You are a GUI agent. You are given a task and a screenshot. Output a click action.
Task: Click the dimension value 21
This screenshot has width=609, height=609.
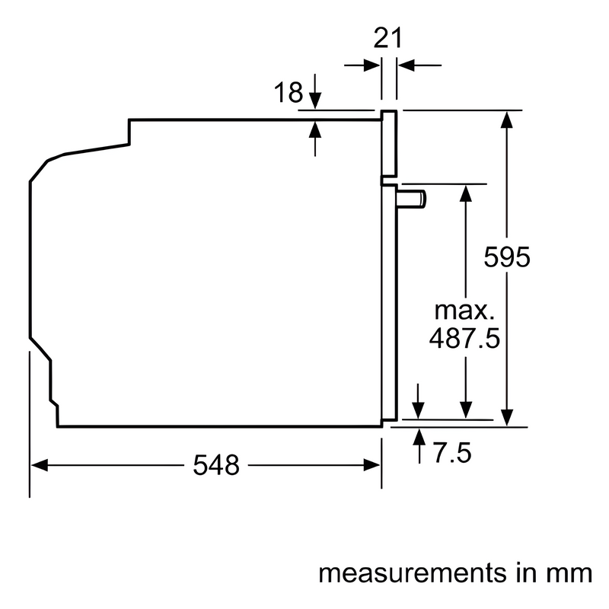coord(387,38)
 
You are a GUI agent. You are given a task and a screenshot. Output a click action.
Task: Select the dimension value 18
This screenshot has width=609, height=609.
coord(289,92)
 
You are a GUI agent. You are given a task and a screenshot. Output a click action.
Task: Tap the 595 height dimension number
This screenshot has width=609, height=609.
coord(507,257)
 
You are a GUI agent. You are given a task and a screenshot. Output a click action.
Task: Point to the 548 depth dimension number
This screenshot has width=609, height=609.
coord(216,465)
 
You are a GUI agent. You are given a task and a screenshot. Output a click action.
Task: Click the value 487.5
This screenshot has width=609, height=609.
coord(464,337)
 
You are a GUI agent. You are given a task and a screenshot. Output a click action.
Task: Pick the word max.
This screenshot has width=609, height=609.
coord(464,310)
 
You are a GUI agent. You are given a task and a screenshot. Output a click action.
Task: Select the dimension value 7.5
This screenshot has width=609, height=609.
coord(452,452)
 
